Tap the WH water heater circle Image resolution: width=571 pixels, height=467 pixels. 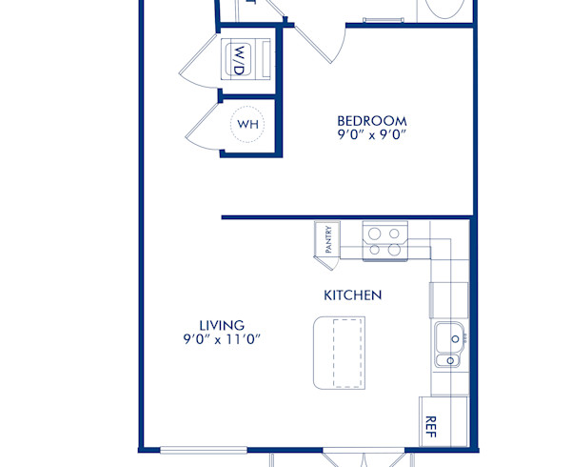pos(247,125)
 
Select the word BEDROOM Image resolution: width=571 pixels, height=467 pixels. pos(372,121)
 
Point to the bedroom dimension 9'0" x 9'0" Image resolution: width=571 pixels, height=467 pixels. pos(372,135)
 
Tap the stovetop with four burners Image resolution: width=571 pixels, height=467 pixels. pos(384,241)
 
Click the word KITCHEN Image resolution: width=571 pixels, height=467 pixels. pos(353,295)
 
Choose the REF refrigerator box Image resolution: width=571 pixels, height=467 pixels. pos(431,420)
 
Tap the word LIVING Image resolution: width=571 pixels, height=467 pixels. pos(221,325)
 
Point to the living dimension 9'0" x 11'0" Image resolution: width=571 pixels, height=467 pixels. pos(222,339)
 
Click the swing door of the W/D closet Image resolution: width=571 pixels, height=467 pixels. pos(197,69)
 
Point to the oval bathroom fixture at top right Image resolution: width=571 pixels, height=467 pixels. pos(446,10)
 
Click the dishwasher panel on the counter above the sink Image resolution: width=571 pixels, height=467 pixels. pos(448,299)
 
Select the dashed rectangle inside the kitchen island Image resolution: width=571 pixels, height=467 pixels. pos(348,354)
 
